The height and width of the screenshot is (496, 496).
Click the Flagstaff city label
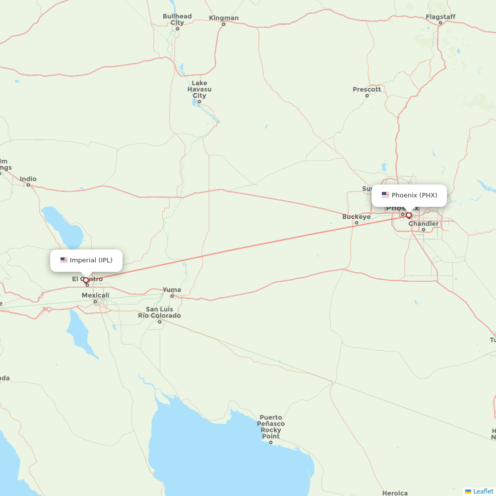point(440,17)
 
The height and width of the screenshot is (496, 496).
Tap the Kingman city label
point(224,18)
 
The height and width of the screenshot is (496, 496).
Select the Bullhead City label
point(177,19)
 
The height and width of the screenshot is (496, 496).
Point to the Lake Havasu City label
point(199,89)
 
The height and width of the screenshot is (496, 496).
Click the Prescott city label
point(367,90)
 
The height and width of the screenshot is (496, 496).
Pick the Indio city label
point(28,179)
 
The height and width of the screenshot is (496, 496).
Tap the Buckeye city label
point(356,217)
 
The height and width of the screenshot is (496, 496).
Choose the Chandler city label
point(424,224)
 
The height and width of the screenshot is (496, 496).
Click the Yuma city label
point(172,290)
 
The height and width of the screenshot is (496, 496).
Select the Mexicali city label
point(95,296)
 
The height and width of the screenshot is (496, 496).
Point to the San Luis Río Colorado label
point(159,312)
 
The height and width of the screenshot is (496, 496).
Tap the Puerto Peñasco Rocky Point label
point(271,427)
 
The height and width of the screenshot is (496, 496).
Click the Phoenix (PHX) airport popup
point(409,195)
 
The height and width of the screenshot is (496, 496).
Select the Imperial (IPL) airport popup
point(86,260)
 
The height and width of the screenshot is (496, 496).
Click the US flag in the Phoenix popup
point(385,195)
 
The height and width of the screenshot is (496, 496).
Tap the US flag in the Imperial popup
point(63,260)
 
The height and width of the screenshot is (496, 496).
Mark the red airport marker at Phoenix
point(409,215)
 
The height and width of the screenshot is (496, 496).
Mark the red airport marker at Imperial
point(86,280)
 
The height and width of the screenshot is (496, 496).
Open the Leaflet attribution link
point(483,491)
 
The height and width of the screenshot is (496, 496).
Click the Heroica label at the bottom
point(395,493)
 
